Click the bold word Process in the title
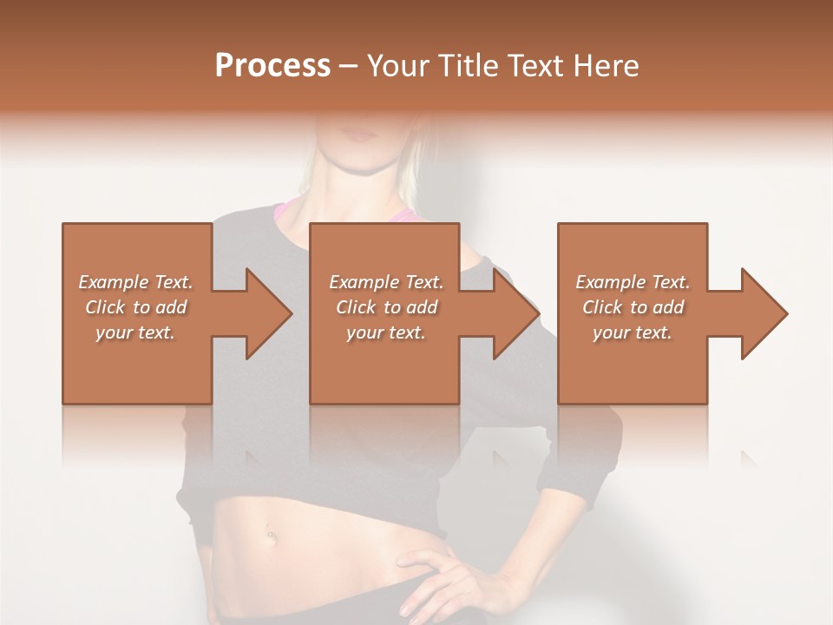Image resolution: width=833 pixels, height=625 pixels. click(272, 66)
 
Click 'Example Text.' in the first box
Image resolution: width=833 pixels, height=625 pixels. click(135, 282)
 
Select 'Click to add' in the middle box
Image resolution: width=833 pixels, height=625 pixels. click(386, 307)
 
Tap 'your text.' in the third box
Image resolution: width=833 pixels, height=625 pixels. click(633, 332)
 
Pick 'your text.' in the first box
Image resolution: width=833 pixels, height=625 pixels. click(135, 332)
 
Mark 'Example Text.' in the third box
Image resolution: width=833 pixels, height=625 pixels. click(633, 282)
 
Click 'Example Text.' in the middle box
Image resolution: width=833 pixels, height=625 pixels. click(386, 282)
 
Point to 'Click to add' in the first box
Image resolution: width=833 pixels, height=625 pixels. click(135, 307)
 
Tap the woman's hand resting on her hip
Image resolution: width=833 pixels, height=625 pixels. click(451, 577)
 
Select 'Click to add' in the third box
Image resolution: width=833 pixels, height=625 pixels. click(633, 307)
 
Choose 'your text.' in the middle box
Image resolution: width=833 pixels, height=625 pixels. click(386, 332)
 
